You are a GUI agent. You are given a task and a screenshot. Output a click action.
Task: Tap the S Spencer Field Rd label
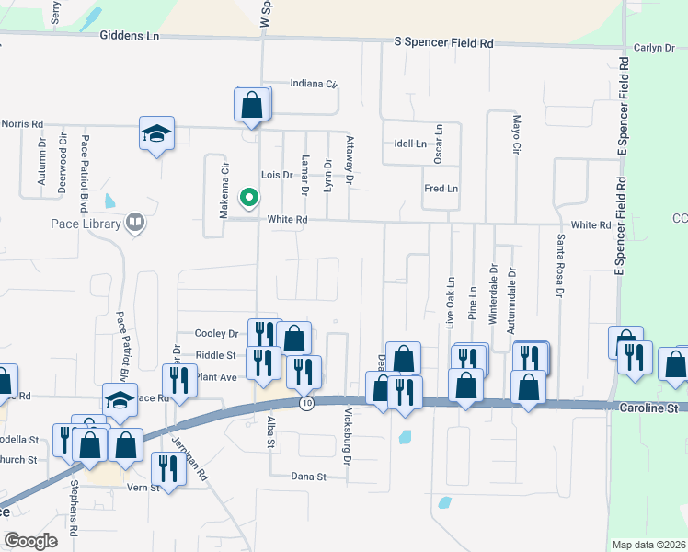[443, 43]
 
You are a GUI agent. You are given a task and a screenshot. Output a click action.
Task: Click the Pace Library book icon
[134, 223]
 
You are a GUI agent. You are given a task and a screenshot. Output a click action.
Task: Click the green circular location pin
[247, 197]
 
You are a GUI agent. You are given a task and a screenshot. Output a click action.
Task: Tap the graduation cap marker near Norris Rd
[157, 133]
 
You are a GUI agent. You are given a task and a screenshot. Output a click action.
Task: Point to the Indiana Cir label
[313, 84]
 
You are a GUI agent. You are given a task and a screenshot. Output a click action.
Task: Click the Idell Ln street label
[410, 144]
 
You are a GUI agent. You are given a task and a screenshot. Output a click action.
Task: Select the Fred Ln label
[441, 189]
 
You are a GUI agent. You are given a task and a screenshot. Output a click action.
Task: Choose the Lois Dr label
[276, 174]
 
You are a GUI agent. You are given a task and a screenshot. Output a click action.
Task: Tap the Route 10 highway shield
[306, 403]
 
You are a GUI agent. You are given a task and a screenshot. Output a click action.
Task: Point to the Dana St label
[309, 477]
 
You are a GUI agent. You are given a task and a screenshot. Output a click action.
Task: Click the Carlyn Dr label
[654, 48]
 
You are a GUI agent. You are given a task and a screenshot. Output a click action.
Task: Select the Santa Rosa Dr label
[558, 267]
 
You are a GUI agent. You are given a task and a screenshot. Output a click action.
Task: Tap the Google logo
[31, 540]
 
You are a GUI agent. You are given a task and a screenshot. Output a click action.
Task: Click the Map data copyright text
[648, 544]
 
